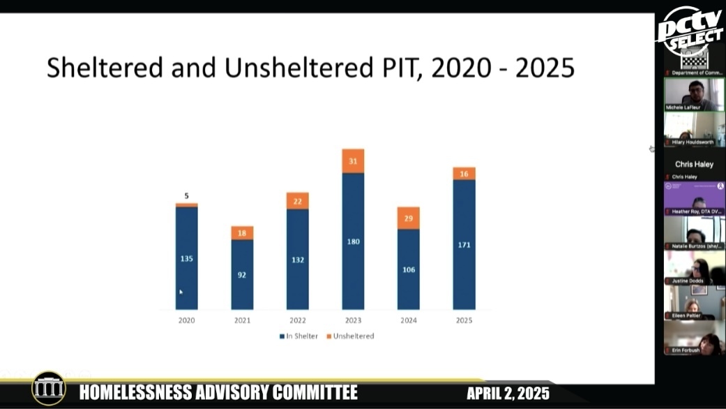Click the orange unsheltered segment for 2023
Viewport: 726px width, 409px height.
pos(353,161)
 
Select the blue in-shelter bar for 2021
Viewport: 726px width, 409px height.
pos(242,274)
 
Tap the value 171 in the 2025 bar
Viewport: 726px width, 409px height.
pos(464,246)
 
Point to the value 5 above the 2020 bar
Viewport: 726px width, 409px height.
pos(186,196)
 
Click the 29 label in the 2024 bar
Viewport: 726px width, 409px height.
pos(409,218)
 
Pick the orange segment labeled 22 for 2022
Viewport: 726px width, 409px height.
pos(297,201)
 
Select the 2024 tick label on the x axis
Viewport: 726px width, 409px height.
pos(409,320)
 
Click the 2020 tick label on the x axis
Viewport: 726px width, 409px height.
pos(186,320)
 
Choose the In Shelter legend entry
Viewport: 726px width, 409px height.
pos(298,336)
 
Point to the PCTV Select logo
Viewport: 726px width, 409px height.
pos(689,31)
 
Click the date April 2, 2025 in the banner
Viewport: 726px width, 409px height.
pos(508,393)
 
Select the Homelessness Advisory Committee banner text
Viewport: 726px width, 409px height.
pos(218,392)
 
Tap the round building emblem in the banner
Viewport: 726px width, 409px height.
pos(49,389)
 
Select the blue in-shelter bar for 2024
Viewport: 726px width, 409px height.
pos(409,269)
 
